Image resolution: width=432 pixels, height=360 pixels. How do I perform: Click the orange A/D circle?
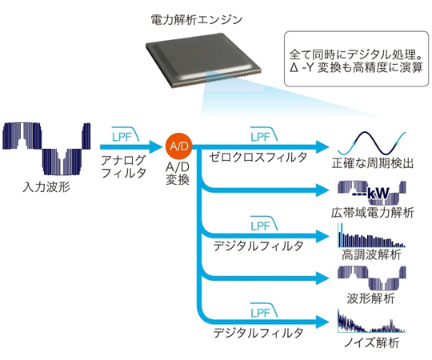point(179,146)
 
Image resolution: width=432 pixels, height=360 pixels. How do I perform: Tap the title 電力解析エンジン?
point(197,20)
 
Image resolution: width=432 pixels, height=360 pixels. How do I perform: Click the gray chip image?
point(204,61)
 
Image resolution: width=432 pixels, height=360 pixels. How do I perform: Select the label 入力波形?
point(46,187)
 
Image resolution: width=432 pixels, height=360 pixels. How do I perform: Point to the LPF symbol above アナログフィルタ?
point(126,134)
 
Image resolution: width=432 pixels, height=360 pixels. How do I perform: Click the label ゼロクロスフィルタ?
point(258,158)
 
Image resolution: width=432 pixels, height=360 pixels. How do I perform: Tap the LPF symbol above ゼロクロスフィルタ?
point(264,134)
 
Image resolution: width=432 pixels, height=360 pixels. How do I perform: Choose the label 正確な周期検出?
point(373,163)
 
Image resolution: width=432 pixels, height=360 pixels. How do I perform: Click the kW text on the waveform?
point(378,194)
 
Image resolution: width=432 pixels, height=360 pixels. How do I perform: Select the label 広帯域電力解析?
point(373,213)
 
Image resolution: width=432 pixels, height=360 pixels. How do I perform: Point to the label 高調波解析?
point(371,254)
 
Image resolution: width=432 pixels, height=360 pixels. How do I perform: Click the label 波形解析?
point(370,298)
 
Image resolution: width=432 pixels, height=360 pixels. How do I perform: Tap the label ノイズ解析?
point(372,342)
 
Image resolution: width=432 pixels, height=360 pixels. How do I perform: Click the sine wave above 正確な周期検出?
point(372,143)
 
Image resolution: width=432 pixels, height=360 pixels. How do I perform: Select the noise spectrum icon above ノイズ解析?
point(371,321)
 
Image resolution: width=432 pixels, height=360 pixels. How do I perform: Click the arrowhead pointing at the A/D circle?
point(156,146)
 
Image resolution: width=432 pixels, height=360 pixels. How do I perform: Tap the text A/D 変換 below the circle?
point(178,174)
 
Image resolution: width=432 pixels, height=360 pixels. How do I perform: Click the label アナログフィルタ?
point(123,166)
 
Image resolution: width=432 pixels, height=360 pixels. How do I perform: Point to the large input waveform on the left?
point(46,149)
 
